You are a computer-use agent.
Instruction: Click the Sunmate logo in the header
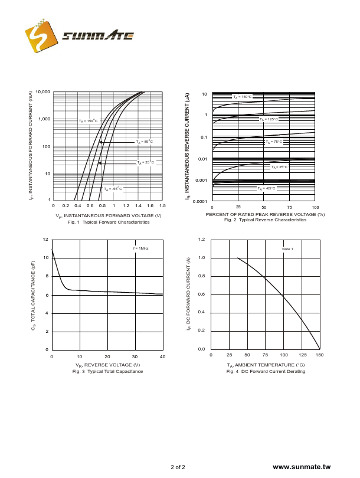[x=79, y=37]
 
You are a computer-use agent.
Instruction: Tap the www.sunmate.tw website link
[x=301, y=467]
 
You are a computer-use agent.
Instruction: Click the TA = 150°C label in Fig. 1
[x=88, y=120]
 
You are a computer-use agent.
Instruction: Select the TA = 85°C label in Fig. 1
[x=145, y=142]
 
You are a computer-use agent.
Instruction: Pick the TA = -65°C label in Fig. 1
[x=113, y=189]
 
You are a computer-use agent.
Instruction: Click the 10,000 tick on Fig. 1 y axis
[x=42, y=92]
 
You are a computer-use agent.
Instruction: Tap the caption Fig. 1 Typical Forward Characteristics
[x=109, y=222]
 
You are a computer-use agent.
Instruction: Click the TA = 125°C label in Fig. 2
[x=269, y=119]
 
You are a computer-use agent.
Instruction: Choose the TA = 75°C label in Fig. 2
[x=274, y=142]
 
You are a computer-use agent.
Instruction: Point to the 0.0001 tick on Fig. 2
[x=199, y=201]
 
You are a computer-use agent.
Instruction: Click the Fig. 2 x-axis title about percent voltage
[x=265, y=214]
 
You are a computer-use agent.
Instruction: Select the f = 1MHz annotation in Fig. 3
[x=140, y=248]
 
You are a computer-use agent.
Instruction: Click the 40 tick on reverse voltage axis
[x=162, y=356]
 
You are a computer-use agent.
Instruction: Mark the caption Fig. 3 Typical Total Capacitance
[x=107, y=371]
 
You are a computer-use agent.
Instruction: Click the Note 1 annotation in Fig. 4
[x=287, y=249]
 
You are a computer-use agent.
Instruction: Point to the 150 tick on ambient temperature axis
[x=319, y=355]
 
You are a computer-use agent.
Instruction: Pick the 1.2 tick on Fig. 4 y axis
[x=201, y=240]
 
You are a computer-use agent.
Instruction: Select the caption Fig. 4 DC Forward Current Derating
[x=266, y=371]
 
